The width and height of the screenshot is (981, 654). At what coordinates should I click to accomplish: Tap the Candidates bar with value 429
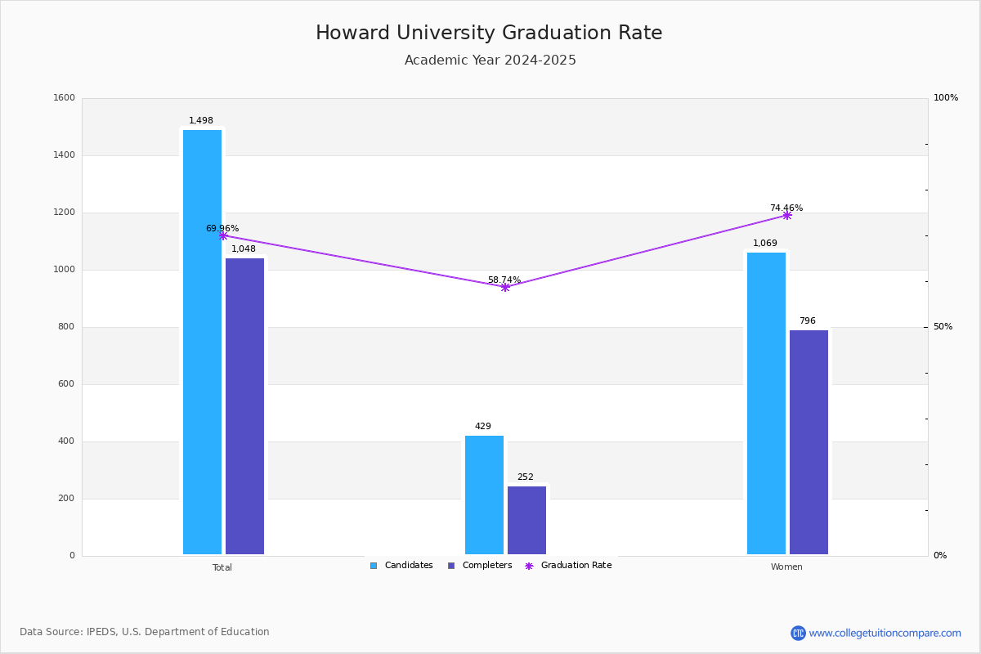(484, 495)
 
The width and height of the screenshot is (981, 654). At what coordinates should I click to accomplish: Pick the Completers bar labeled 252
(526, 520)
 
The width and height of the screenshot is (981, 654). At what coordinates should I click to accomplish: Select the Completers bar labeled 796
(809, 442)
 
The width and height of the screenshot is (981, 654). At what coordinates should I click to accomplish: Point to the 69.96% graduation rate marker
(222, 235)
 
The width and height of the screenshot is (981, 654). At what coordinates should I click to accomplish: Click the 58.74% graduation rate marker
(504, 287)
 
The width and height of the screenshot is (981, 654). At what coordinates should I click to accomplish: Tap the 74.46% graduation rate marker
(786, 215)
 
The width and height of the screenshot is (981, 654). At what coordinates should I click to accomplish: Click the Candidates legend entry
(401, 566)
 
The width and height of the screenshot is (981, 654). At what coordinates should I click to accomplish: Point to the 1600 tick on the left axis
(65, 98)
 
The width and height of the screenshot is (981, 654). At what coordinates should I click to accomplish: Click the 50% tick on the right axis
(943, 327)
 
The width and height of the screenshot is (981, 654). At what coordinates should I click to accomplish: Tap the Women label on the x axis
(786, 567)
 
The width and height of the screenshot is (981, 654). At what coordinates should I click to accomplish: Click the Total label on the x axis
(222, 567)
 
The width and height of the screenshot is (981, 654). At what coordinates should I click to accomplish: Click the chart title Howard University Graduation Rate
(489, 34)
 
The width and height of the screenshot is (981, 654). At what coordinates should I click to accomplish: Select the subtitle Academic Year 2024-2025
(490, 60)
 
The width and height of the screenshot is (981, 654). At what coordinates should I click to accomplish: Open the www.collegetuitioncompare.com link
(885, 633)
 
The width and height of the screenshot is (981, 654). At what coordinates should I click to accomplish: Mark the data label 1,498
(201, 121)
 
